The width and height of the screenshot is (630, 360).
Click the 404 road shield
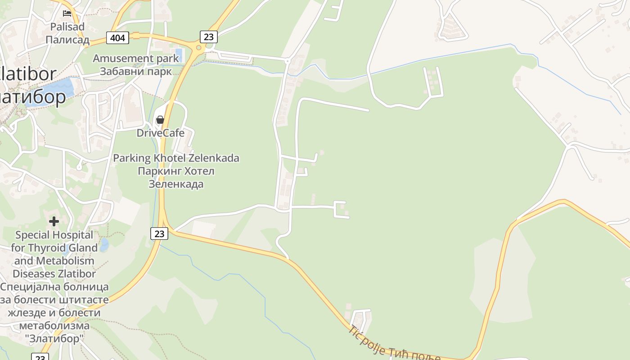pos(117,38)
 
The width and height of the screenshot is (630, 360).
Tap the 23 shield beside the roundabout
pos(208,37)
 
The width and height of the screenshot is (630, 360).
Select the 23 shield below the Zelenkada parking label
pos(159,233)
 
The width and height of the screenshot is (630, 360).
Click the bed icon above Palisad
pos(67,13)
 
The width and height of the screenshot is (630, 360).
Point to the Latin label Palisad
pos(67,27)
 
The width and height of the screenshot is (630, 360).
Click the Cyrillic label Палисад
pos(67,40)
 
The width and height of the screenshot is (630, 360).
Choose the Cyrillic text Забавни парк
pos(135,71)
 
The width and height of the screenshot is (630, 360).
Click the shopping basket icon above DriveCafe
pos(160,120)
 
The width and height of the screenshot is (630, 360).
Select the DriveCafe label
pos(160,133)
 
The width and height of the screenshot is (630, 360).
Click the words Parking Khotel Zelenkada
pos(176,158)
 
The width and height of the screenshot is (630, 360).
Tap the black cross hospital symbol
pos(54,221)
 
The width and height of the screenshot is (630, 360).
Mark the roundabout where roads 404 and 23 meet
pos(198,47)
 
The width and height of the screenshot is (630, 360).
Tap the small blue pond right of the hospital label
pos(104,245)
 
